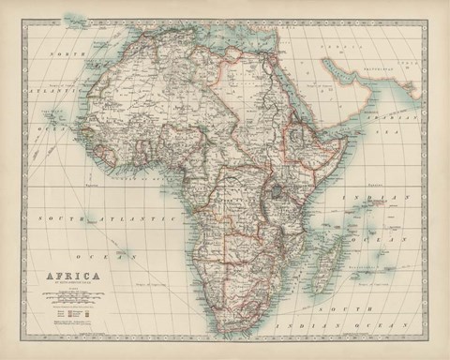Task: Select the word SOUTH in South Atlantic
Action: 58,217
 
